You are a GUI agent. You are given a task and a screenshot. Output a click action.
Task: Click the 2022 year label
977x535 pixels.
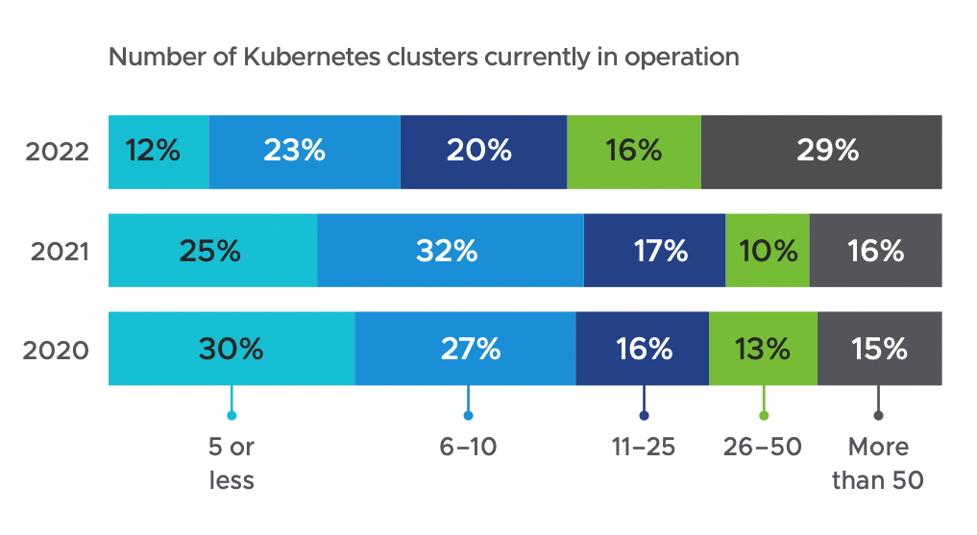pyautogui.click(x=58, y=152)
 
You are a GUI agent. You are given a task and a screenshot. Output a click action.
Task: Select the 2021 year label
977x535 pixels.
pyautogui.click(x=58, y=251)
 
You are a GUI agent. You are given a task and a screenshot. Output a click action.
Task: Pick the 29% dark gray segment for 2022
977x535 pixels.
pyautogui.click(x=821, y=152)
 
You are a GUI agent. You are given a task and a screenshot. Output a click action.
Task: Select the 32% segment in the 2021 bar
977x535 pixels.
pyautogui.click(x=450, y=251)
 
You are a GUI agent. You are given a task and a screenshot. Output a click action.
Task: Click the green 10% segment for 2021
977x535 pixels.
pyautogui.click(x=768, y=251)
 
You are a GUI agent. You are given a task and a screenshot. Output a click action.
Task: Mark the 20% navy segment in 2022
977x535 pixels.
pyautogui.click(x=483, y=152)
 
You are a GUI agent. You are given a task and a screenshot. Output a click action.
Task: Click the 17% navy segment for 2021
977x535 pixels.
pyautogui.click(x=654, y=251)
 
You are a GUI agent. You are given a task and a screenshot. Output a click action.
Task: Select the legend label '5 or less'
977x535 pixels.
pyautogui.click(x=232, y=463)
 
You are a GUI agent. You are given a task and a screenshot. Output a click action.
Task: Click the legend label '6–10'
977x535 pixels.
pyautogui.click(x=468, y=448)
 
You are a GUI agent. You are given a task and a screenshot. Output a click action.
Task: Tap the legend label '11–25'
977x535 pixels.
pyautogui.click(x=644, y=448)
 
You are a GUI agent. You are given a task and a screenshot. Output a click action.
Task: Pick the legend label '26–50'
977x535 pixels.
pyautogui.click(x=764, y=448)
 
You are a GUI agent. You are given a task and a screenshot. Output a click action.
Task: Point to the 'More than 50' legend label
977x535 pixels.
pyautogui.click(x=878, y=463)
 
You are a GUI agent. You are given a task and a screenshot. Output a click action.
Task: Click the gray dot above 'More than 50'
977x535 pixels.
pyautogui.click(x=878, y=416)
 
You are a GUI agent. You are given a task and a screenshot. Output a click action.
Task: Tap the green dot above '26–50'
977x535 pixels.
pyautogui.click(x=764, y=416)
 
